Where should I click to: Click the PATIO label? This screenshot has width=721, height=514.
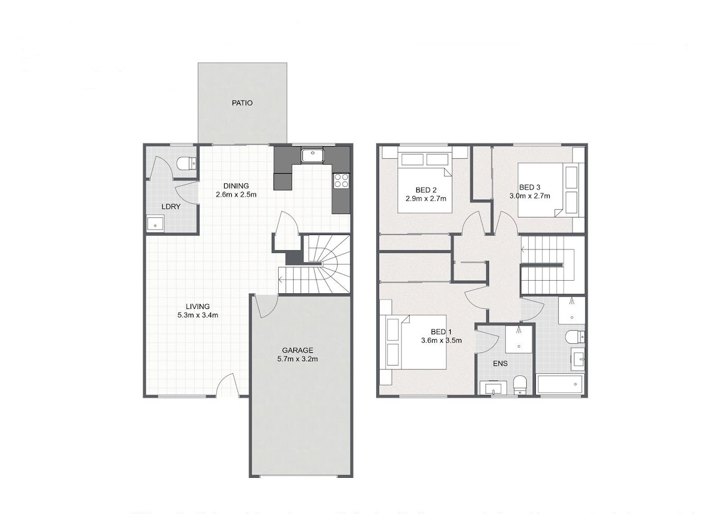[242, 103]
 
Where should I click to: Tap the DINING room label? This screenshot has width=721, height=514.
[236, 186]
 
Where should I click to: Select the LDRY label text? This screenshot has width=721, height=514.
[171, 207]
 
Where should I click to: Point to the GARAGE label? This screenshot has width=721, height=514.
[297, 350]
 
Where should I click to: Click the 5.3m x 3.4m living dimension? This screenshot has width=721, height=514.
[198, 315]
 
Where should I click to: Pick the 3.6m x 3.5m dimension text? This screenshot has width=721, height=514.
[441, 340]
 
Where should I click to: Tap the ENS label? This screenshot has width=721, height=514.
[500, 364]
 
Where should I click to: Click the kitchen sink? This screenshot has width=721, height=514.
[312, 156]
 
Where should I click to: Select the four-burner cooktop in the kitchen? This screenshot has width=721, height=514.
[341, 181]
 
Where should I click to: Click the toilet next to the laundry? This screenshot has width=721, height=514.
[187, 164]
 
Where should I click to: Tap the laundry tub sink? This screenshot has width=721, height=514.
[156, 224]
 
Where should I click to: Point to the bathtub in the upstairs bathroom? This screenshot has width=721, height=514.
[560, 384]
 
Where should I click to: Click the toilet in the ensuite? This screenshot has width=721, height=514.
[520, 385]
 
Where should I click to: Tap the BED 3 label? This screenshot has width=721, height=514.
[529, 187]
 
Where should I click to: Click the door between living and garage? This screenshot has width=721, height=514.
[266, 306]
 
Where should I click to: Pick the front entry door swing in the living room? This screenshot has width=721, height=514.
[228, 385]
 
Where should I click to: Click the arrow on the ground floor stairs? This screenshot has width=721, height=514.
[281, 280]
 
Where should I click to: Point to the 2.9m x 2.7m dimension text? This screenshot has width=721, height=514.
[425, 199]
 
